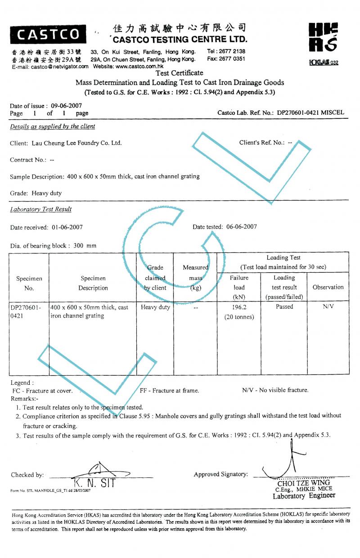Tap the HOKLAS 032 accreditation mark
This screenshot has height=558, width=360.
(x=323, y=63)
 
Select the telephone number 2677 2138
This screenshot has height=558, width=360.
(x=232, y=51)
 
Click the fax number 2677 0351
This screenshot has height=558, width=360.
(x=232, y=59)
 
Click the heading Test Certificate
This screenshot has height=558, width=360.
(x=179, y=73)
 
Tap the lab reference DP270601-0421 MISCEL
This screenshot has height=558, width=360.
(x=310, y=112)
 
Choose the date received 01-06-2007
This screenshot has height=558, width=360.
(x=67, y=227)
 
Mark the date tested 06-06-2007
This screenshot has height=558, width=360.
(x=241, y=227)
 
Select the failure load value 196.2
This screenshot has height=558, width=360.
(x=239, y=307)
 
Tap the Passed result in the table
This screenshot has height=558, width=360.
(x=284, y=307)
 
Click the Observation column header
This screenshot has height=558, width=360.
(x=328, y=287)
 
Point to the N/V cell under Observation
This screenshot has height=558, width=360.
(x=328, y=307)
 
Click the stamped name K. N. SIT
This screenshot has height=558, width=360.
(x=94, y=484)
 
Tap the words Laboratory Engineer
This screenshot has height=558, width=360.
(x=304, y=496)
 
